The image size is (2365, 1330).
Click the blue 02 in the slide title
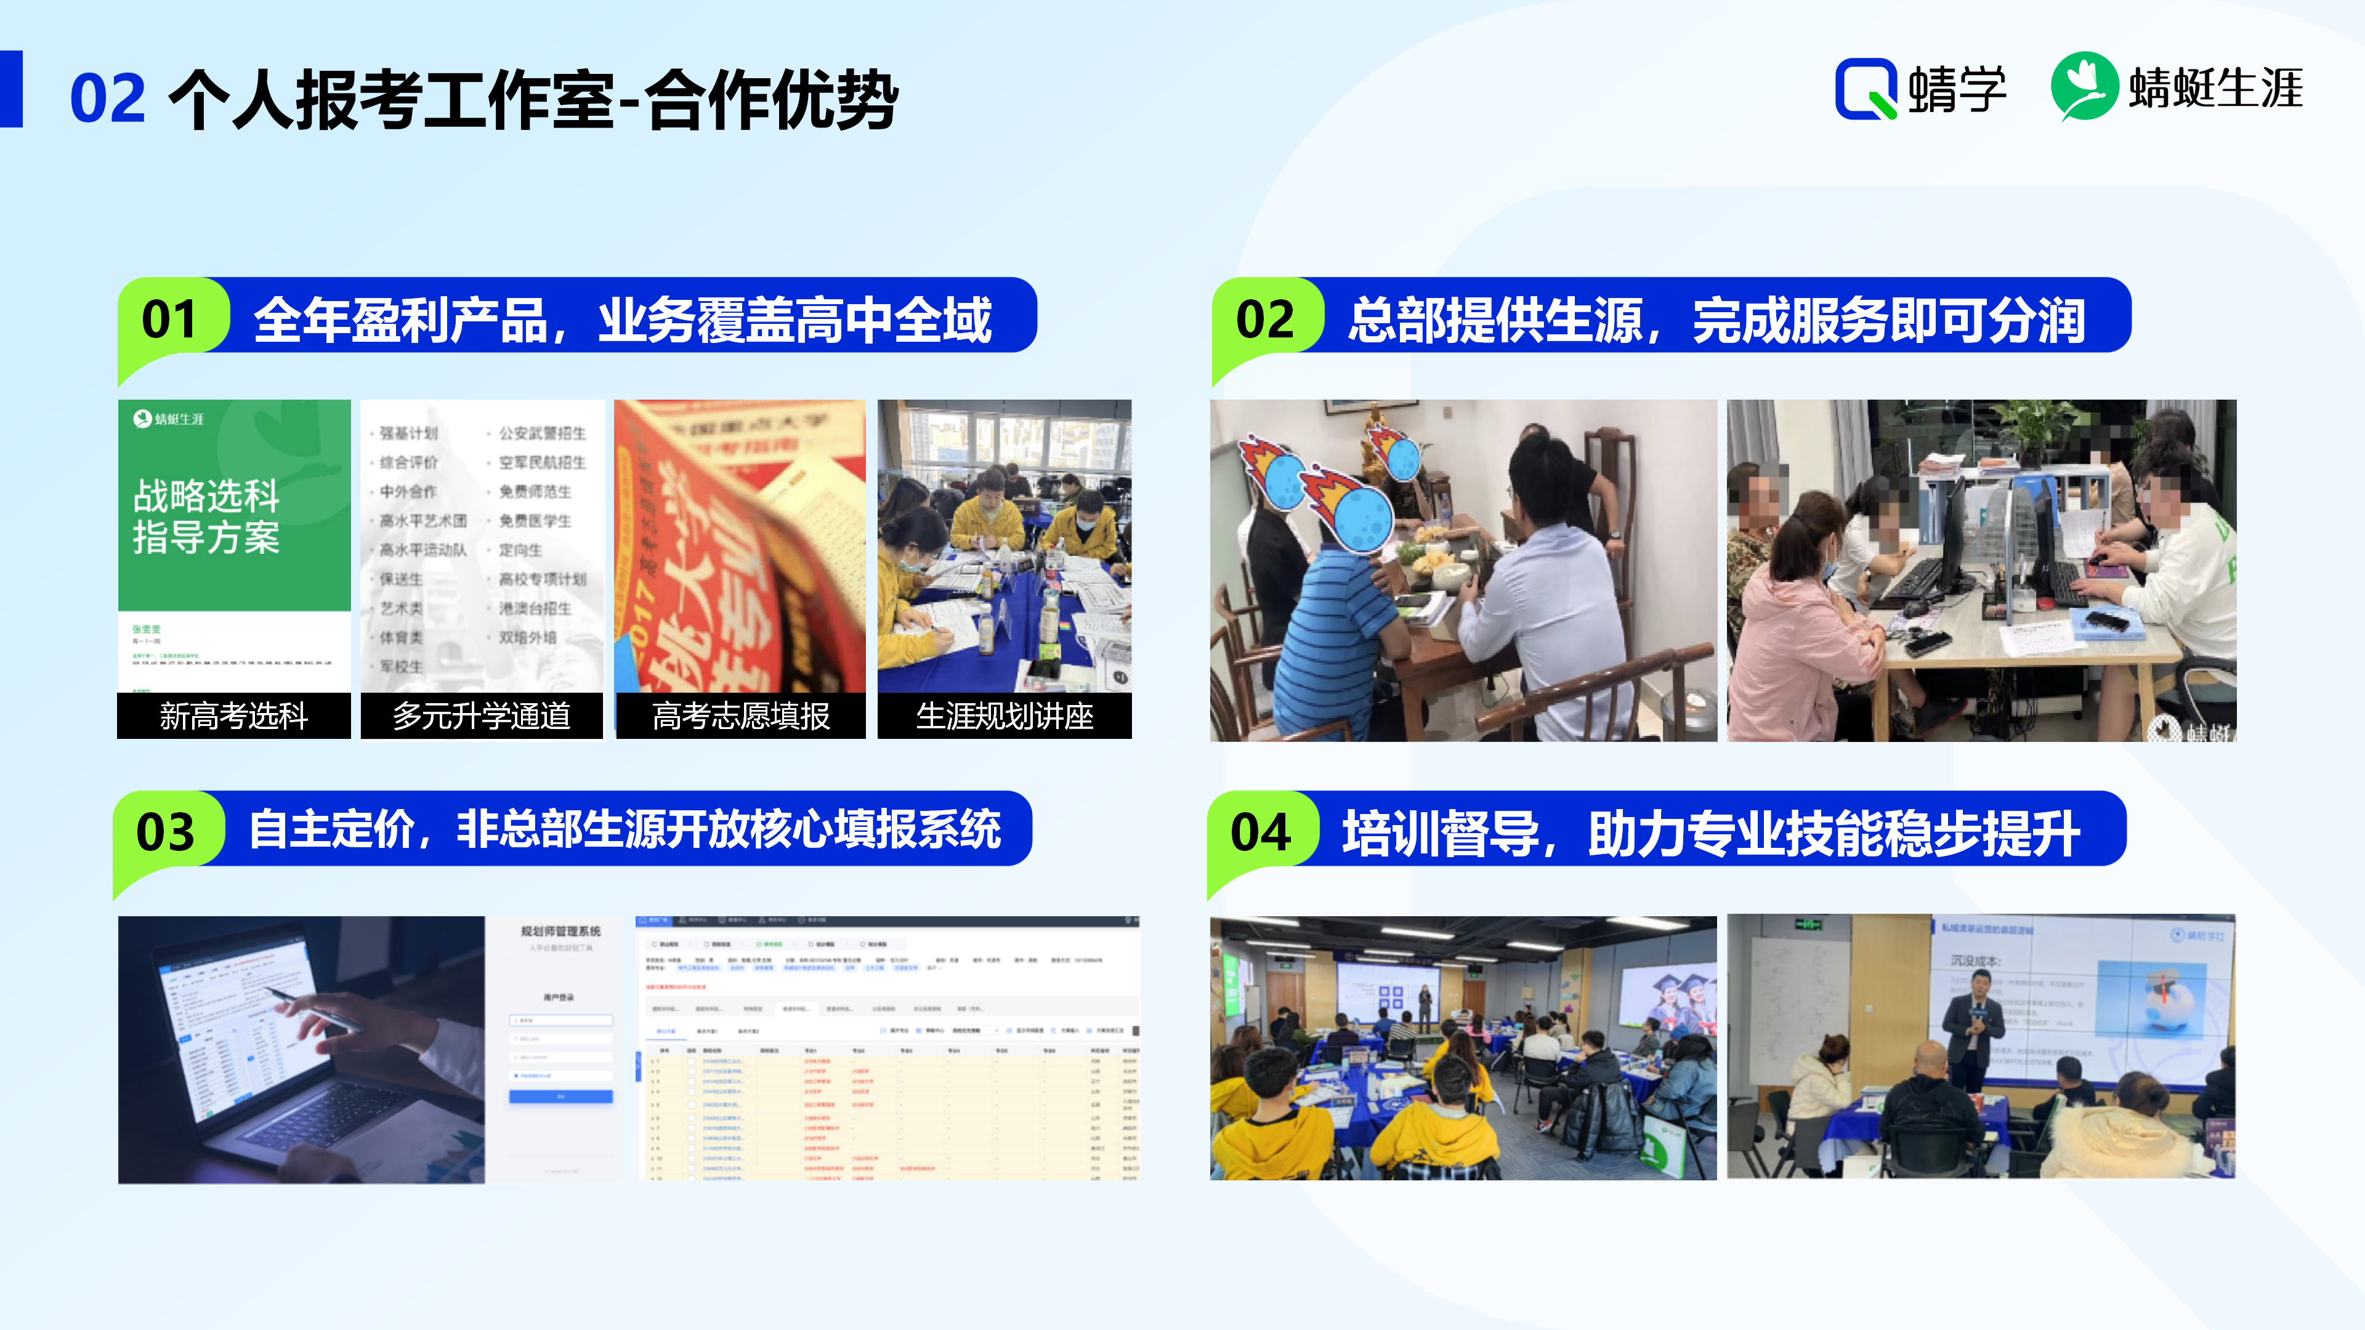click(x=107, y=99)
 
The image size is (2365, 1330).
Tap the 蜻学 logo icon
click(x=1866, y=89)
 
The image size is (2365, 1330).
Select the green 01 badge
click(x=170, y=320)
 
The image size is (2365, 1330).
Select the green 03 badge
click(x=166, y=832)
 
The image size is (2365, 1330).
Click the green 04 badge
click(x=1261, y=832)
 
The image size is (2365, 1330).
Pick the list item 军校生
click(x=401, y=666)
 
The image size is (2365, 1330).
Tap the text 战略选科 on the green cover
click(x=206, y=496)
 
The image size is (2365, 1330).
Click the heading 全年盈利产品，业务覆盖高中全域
click(x=623, y=320)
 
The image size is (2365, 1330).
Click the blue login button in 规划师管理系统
click(x=560, y=1096)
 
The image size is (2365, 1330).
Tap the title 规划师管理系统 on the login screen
click(x=560, y=931)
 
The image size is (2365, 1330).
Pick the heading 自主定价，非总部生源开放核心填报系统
click(x=625, y=830)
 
